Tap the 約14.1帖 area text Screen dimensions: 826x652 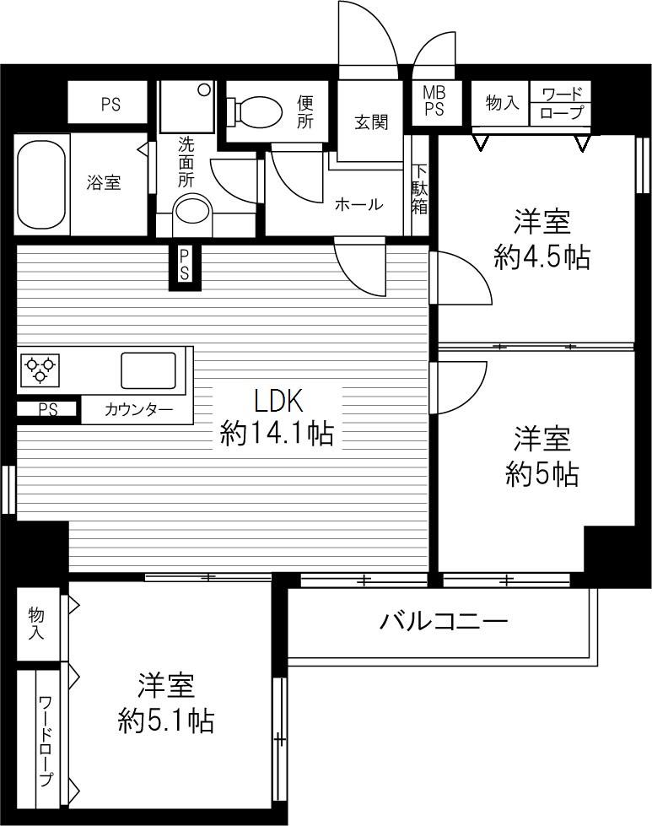tap(277, 434)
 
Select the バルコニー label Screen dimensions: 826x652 tap(443, 622)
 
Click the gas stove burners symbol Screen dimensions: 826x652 tap(40, 367)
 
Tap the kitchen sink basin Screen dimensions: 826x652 tap(148, 370)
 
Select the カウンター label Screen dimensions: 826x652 tap(138, 411)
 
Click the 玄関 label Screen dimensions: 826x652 tap(370, 121)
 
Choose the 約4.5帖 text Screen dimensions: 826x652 tap(542, 256)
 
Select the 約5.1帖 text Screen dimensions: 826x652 tap(165, 720)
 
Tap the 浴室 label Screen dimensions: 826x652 tap(105, 182)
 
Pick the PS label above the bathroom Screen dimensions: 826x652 tap(110, 105)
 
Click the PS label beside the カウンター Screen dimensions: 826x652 tap(47, 410)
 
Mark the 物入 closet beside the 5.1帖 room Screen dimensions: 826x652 tap(36, 624)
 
